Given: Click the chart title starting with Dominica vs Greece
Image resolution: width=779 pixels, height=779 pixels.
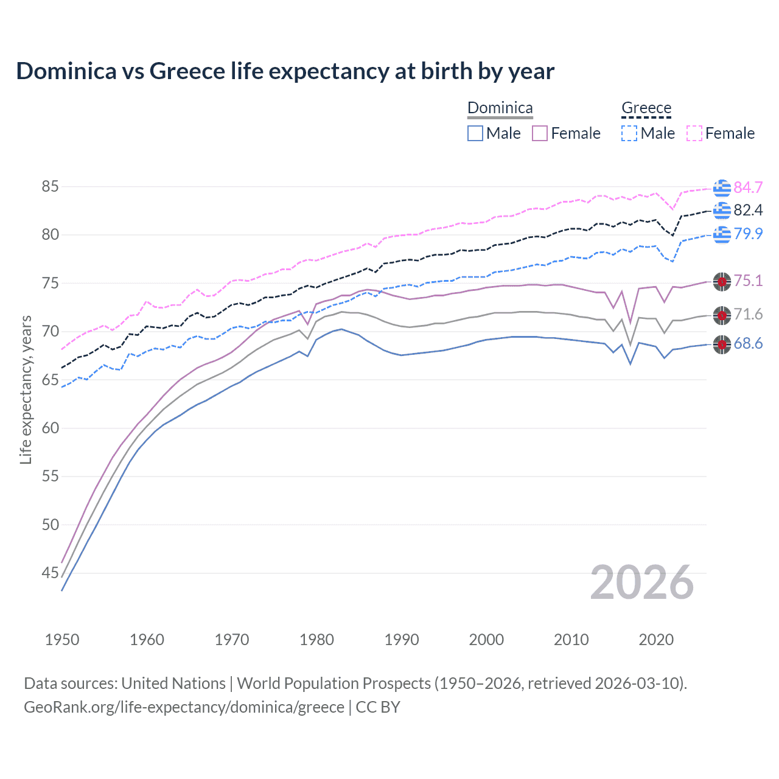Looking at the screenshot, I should [285, 71].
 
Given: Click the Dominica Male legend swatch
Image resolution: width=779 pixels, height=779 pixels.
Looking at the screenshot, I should [475, 133].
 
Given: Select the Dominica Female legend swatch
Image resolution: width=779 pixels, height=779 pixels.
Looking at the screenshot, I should [540, 133].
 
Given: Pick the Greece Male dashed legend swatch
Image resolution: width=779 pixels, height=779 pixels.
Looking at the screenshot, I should [629, 133].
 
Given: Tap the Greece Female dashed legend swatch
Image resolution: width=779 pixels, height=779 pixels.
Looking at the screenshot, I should [694, 133].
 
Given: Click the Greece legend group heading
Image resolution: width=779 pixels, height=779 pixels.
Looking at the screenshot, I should [646, 108].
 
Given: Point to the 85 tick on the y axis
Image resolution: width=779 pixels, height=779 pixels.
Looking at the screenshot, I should [50, 186].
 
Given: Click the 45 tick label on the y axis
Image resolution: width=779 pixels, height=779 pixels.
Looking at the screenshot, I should [50, 573].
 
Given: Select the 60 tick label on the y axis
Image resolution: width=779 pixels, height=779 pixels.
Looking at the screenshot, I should [50, 428].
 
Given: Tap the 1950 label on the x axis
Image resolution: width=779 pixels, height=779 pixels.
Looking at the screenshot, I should [62, 640].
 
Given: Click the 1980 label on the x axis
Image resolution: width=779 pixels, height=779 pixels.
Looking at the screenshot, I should [316, 640].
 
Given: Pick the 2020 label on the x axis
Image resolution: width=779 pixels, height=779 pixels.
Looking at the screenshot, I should [656, 640].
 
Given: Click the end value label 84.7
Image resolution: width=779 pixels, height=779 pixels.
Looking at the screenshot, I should [748, 187].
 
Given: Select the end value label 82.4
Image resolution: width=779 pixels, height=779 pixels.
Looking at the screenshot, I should [748, 211].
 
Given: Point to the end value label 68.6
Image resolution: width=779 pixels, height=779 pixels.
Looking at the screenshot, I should [748, 344].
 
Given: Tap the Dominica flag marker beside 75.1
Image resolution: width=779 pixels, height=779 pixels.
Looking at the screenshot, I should [722, 281].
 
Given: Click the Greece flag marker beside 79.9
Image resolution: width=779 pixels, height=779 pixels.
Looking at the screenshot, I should [722, 234].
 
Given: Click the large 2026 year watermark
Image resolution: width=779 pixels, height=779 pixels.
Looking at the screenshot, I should [642, 582].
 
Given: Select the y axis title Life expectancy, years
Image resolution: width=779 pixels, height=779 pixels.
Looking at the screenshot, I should [26, 389].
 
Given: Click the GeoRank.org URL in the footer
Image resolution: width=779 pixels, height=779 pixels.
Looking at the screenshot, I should [184, 707].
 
